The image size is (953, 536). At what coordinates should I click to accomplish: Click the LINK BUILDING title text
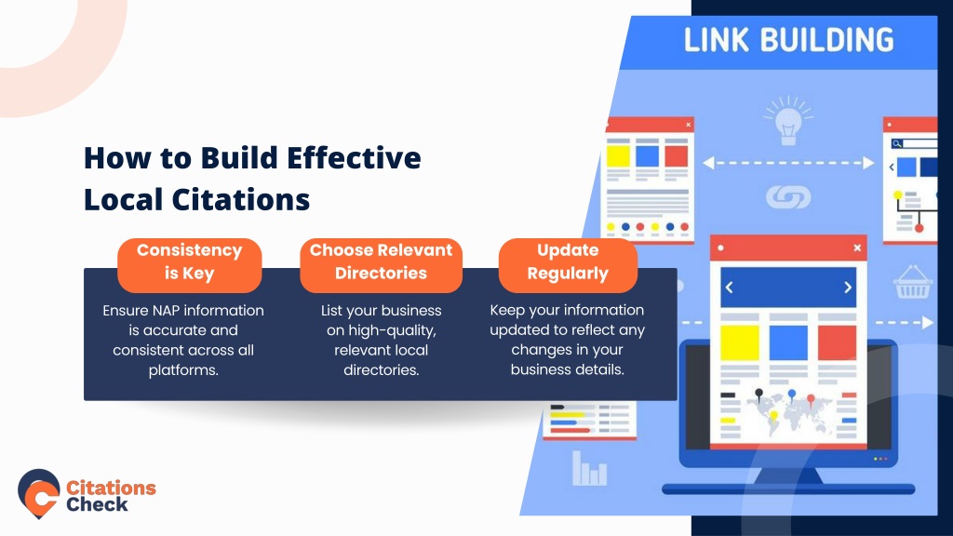click(788, 40)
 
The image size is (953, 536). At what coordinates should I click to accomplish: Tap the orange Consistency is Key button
click(190, 265)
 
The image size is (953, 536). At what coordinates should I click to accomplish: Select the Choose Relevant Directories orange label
click(381, 265)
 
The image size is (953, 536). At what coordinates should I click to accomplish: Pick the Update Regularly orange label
click(568, 265)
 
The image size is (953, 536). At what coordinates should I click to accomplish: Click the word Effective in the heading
click(354, 158)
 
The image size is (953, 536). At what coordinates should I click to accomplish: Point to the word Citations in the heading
click(241, 199)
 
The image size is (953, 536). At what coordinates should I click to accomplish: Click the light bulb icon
click(788, 122)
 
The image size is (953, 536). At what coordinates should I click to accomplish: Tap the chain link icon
click(788, 197)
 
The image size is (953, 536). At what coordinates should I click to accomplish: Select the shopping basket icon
click(912, 283)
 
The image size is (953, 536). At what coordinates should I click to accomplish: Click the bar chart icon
click(589, 469)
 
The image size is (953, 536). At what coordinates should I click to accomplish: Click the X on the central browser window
click(857, 248)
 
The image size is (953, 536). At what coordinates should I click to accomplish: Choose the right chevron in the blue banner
click(848, 288)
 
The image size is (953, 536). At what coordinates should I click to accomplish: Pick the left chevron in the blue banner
click(730, 288)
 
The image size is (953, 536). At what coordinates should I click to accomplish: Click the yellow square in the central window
click(740, 343)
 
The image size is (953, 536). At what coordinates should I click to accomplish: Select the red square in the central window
click(837, 343)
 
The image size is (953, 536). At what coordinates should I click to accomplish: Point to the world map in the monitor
click(788, 414)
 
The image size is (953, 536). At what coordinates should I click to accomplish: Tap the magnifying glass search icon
click(897, 144)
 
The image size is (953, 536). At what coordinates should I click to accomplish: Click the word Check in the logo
click(97, 504)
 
